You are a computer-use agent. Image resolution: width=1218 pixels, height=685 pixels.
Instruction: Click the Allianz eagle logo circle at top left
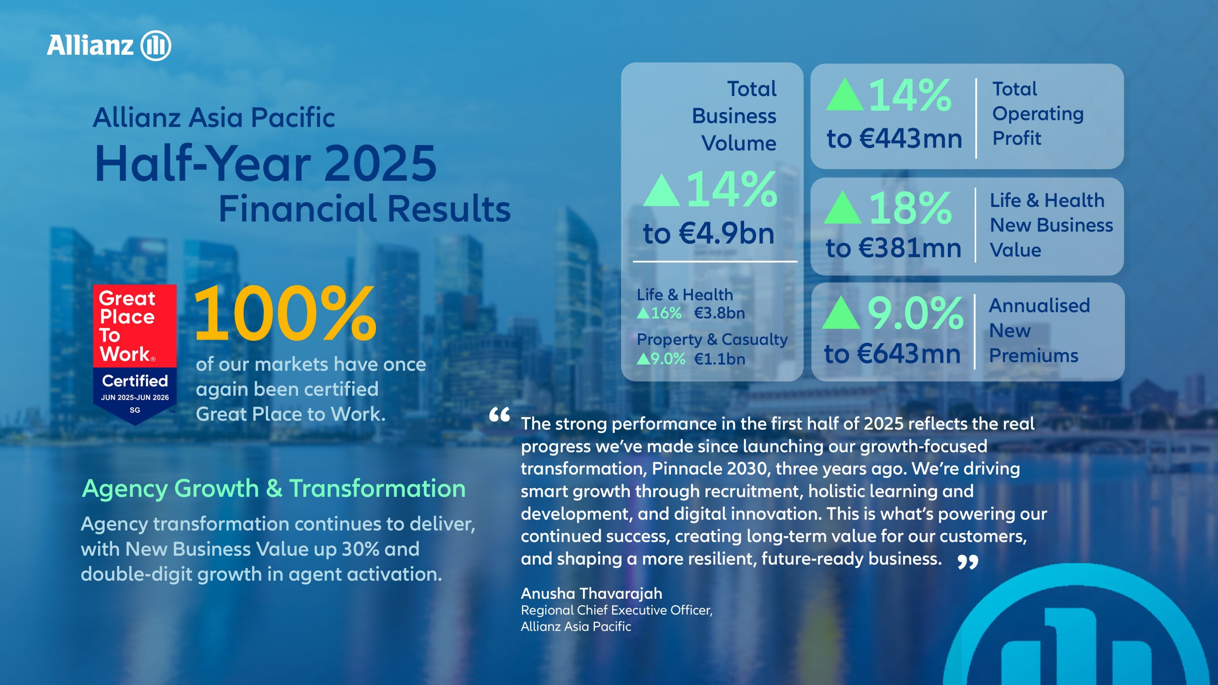click(156, 46)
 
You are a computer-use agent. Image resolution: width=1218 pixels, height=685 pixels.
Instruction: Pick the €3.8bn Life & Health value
click(719, 313)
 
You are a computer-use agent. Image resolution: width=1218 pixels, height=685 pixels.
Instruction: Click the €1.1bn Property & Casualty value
click(719, 359)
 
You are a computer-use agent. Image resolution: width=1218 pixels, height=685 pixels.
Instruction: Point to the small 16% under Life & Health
click(666, 313)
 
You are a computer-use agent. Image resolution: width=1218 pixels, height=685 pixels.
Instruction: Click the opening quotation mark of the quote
click(499, 415)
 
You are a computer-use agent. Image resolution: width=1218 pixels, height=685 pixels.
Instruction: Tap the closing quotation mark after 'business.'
click(968, 562)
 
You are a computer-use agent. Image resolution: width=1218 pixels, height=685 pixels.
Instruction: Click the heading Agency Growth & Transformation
click(274, 488)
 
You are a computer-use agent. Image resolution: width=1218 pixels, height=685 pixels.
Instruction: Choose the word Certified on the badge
click(135, 381)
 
